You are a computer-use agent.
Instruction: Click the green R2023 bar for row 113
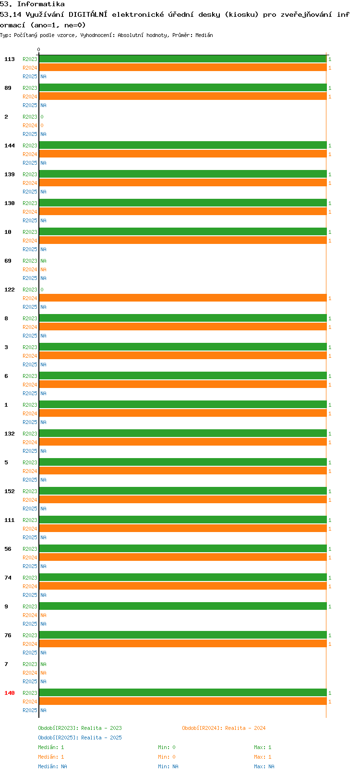182,59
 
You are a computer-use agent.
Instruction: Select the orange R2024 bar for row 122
182,298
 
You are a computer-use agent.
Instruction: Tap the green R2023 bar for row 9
182,606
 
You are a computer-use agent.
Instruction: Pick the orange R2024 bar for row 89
182,96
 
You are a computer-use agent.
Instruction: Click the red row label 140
9,693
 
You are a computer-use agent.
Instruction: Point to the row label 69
8,261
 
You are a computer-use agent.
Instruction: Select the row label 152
9,491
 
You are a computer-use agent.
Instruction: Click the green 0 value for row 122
42,290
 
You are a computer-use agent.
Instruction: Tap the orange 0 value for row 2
42,125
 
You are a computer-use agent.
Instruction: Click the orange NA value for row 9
43,615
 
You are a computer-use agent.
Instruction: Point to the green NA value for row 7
43,664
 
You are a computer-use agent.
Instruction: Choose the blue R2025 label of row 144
30,163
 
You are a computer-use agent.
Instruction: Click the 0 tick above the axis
38,49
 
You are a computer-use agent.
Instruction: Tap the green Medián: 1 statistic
51,747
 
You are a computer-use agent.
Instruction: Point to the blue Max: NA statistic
264,766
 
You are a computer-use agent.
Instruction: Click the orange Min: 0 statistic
167,757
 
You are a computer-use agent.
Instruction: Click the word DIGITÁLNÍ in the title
88,14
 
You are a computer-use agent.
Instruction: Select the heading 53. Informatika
32,4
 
